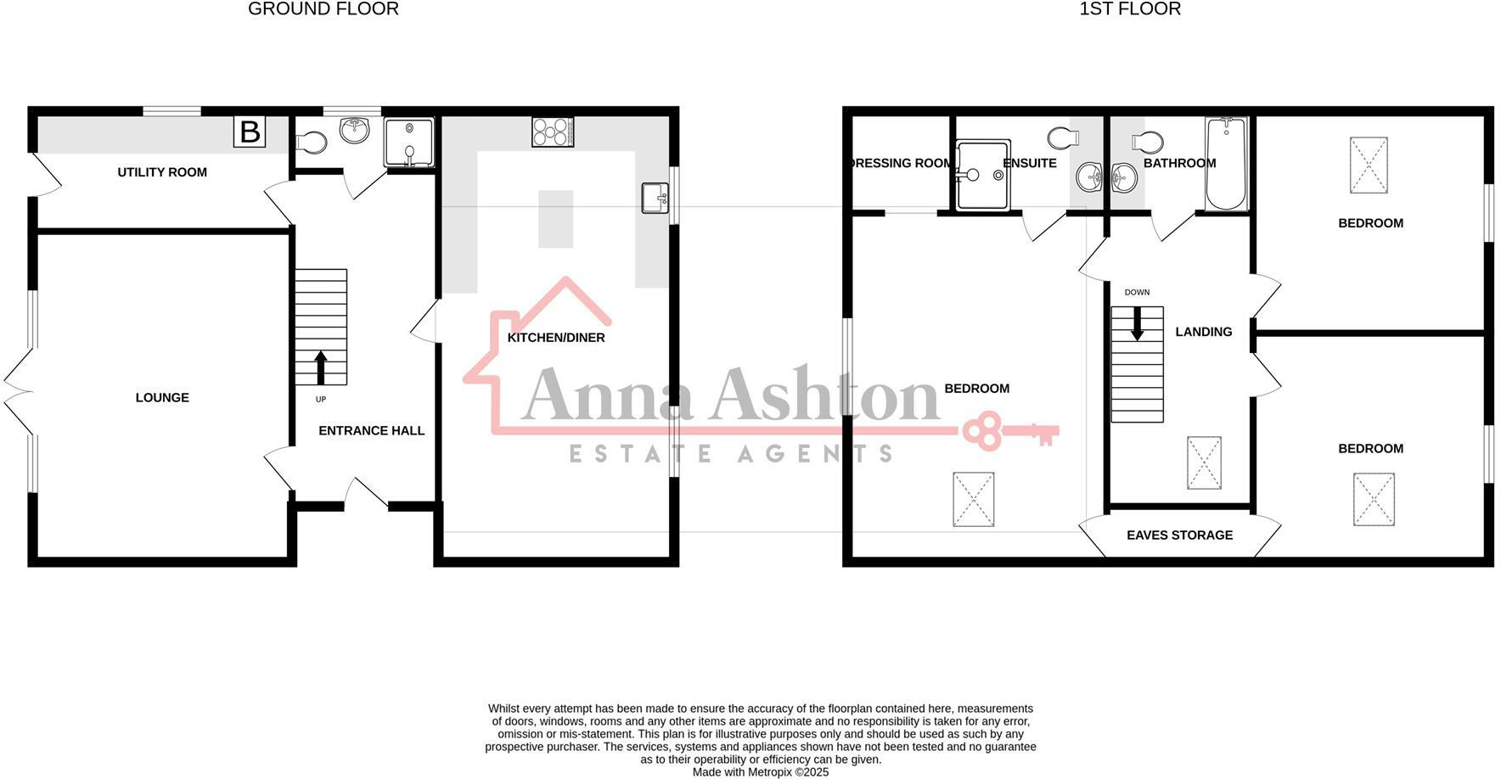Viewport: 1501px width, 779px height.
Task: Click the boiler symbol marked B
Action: tap(250, 132)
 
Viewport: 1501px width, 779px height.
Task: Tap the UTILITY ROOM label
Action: tap(162, 172)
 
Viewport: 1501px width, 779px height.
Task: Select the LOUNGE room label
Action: tap(162, 398)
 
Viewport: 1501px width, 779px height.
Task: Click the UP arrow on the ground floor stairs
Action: tap(321, 368)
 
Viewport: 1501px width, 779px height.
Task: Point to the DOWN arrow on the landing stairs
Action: tap(1137, 323)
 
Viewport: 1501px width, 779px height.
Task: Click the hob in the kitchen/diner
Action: tap(553, 132)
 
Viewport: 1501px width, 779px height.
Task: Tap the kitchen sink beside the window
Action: tap(654, 198)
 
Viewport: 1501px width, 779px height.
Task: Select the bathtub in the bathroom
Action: tap(1225, 164)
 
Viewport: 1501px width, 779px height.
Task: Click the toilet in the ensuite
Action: tap(1062, 137)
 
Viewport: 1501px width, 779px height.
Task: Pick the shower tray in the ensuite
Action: tap(983, 175)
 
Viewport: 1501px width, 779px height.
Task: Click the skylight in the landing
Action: tap(1204, 462)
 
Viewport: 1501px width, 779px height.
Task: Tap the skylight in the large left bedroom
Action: tap(973, 499)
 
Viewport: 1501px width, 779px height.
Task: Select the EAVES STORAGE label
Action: tap(1179, 535)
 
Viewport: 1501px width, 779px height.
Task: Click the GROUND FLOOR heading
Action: tap(323, 9)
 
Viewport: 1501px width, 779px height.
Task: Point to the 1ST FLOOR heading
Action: tap(1130, 9)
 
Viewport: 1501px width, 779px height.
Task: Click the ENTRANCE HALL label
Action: tap(371, 431)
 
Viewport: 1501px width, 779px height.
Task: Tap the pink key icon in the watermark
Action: tap(1010, 431)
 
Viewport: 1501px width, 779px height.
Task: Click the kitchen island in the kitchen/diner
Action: tap(556, 219)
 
